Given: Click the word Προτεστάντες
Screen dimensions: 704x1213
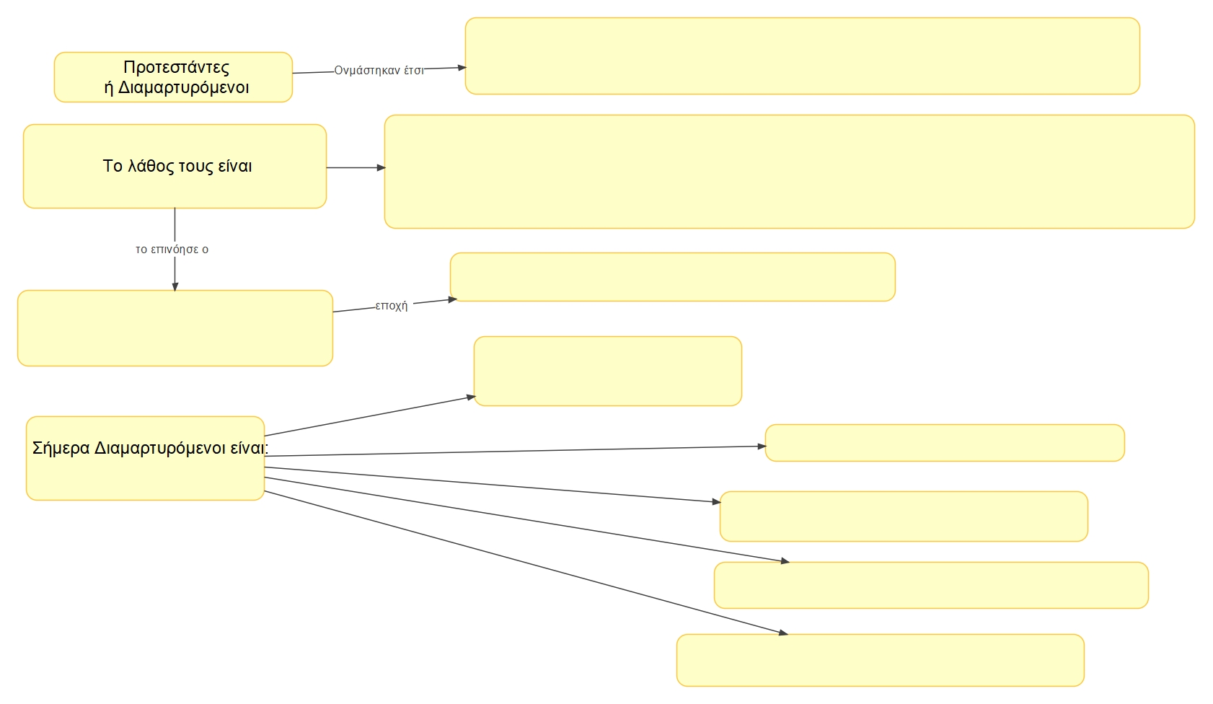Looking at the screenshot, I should [x=176, y=67].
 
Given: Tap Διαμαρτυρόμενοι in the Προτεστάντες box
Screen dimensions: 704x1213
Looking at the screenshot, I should [x=183, y=87].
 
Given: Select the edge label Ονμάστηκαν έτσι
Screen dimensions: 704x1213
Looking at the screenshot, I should [x=379, y=71].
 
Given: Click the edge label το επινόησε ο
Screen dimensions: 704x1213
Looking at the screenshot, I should [x=172, y=250].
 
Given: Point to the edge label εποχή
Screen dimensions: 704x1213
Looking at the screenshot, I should [x=392, y=306].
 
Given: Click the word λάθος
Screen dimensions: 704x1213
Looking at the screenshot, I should [x=151, y=166].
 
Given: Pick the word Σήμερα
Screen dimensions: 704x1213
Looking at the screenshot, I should [x=61, y=448].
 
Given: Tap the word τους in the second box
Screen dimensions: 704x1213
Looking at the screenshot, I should [x=195, y=166].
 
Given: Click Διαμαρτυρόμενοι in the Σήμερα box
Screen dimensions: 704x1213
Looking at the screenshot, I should [x=160, y=448].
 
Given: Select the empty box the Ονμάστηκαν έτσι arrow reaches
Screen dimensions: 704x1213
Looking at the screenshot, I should [x=802, y=56].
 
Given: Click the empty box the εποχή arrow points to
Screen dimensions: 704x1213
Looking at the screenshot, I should [x=672, y=277].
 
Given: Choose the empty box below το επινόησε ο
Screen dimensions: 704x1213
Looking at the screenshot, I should [x=175, y=328].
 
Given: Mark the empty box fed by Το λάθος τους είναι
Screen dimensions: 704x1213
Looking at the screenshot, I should [x=789, y=172].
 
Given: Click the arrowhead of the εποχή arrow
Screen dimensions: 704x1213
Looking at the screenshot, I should [x=453, y=299].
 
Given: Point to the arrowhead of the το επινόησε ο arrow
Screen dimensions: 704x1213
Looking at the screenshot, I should [x=175, y=286].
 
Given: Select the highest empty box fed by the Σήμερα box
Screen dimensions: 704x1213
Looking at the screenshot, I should [x=607, y=371].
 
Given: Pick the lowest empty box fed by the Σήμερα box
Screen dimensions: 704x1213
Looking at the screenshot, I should [x=880, y=660].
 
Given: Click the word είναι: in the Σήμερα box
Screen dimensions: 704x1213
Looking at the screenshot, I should [x=249, y=448].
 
